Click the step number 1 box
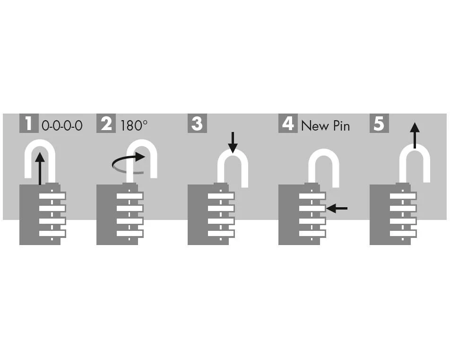29,123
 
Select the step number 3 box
197,123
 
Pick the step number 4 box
288,123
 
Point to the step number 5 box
379,123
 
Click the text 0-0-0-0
62,125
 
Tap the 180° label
134,125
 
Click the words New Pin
325,125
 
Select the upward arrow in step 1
40,168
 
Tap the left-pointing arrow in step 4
337,208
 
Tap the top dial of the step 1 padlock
52,196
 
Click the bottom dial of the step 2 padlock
129,233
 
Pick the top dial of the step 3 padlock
221,196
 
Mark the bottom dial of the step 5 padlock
402,233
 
